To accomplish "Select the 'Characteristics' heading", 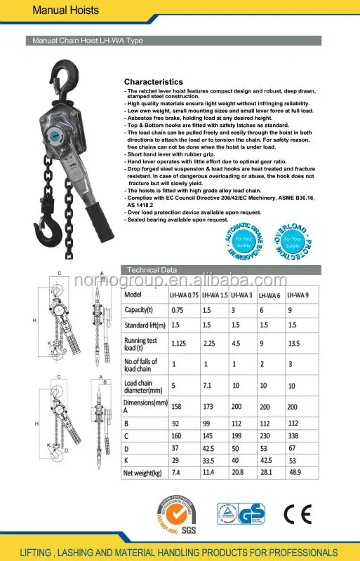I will [x=153, y=82].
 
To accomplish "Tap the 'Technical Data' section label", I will [x=152, y=270].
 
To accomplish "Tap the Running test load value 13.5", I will [x=314, y=344].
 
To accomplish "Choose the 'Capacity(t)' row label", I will [x=140, y=311].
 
